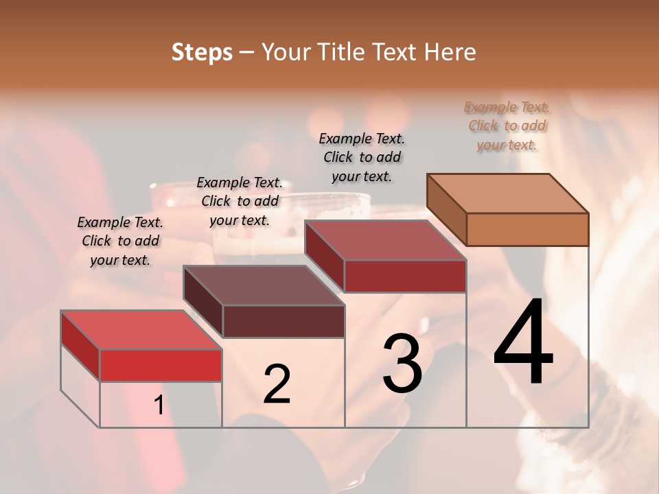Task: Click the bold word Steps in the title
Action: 202,52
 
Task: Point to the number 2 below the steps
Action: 277,384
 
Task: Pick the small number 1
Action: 159,405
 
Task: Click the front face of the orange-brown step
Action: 527,229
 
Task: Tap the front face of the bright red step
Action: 161,365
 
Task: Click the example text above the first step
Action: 120,241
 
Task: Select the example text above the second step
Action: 240,201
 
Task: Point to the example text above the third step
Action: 362,157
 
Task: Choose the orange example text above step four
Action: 507,126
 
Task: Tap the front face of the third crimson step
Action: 405,276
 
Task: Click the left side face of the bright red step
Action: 81,346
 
